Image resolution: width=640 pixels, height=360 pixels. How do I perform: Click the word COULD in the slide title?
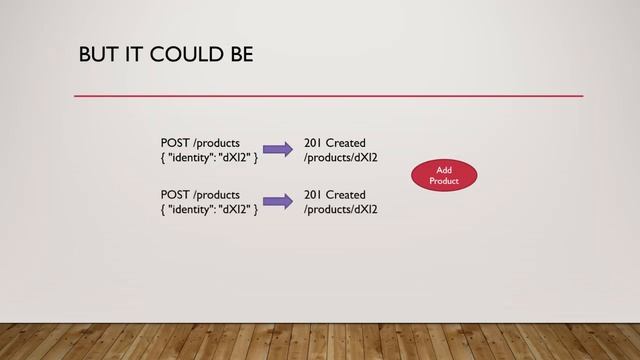click(181, 53)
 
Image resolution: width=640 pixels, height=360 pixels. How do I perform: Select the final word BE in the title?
click(239, 53)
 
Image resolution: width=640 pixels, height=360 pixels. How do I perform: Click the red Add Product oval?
click(443, 176)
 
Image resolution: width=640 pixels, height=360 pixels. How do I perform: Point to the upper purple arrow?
click(278, 150)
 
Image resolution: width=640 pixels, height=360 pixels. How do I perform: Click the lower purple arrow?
click(278, 201)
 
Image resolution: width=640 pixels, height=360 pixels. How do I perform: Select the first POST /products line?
click(200, 143)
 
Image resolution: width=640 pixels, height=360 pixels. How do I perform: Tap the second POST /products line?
click(200, 194)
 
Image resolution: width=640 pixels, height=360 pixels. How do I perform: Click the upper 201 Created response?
click(335, 143)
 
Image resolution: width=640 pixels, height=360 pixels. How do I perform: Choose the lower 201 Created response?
click(335, 194)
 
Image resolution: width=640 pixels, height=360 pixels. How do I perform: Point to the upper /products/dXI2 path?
click(341, 158)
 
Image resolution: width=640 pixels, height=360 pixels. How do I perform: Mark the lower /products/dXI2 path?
click(341, 209)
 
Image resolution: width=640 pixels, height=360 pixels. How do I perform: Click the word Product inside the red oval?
click(443, 182)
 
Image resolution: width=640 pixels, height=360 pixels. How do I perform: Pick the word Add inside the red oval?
click(444, 170)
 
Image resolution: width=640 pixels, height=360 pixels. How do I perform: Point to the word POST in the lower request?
click(176, 194)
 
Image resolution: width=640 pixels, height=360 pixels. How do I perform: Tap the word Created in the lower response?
click(346, 194)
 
